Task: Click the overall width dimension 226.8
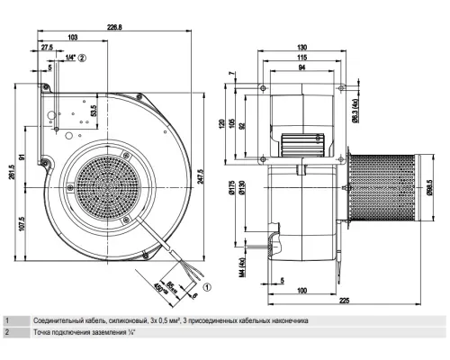pos(139,26)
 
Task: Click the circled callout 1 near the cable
pos(207,288)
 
